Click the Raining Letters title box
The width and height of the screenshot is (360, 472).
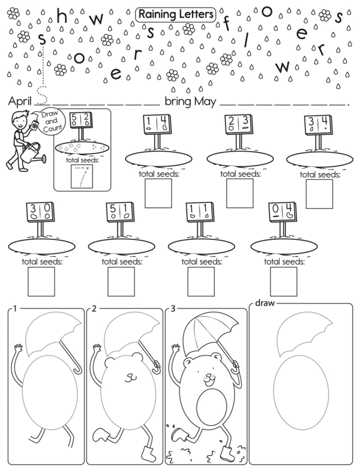click(x=176, y=15)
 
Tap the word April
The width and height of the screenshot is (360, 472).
click(x=20, y=101)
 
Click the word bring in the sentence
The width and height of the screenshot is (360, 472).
click(x=178, y=102)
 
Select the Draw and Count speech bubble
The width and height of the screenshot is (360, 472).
click(x=50, y=121)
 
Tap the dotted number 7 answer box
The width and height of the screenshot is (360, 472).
click(x=82, y=176)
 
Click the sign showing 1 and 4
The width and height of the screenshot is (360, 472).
click(x=157, y=124)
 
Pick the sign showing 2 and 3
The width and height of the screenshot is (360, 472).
click(x=239, y=124)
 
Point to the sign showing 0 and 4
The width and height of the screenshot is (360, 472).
click(x=282, y=212)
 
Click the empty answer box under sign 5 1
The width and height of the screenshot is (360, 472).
click(x=121, y=281)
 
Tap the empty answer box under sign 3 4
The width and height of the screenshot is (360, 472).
click(x=319, y=194)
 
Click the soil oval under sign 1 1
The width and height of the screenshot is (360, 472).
click(x=201, y=246)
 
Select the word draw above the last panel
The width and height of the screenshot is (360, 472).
click(x=265, y=303)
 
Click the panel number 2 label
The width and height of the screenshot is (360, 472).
click(x=94, y=309)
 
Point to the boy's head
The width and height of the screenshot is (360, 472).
click(x=20, y=118)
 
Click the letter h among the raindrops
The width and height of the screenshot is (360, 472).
click(x=62, y=17)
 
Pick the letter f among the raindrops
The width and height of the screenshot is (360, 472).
click(x=226, y=24)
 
